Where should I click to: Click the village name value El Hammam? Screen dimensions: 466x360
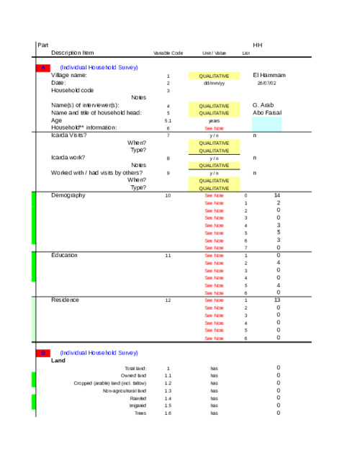click(269, 76)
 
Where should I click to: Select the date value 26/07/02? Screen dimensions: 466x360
click(266, 83)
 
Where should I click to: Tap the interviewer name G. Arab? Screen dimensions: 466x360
click(264, 105)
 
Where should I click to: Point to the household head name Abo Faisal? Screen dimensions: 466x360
click(267, 112)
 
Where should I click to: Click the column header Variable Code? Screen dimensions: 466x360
click(168, 53)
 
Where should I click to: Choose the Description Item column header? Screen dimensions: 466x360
click(72, 53)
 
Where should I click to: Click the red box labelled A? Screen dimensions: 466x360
click(42, 67)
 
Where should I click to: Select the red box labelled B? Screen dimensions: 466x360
click(42, 353)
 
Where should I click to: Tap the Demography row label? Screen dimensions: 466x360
click(68, 195)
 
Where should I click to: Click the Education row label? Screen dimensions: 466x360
click(66, 255)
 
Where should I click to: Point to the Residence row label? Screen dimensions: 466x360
click(65, 300)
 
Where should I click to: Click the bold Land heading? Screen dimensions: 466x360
click(58, 360)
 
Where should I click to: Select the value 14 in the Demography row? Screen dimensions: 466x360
click(277, 195)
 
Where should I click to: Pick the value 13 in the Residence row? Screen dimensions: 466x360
click(277, 300)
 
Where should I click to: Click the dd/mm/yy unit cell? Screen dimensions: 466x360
click(214, 83)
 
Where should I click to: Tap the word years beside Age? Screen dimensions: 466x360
click(214, 120)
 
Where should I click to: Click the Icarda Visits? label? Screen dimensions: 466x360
click(69, 135)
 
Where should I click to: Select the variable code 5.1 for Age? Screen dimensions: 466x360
click(168, 120)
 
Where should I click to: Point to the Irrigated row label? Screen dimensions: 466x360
click(138, 405)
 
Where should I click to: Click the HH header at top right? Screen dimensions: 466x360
click(257, 45)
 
